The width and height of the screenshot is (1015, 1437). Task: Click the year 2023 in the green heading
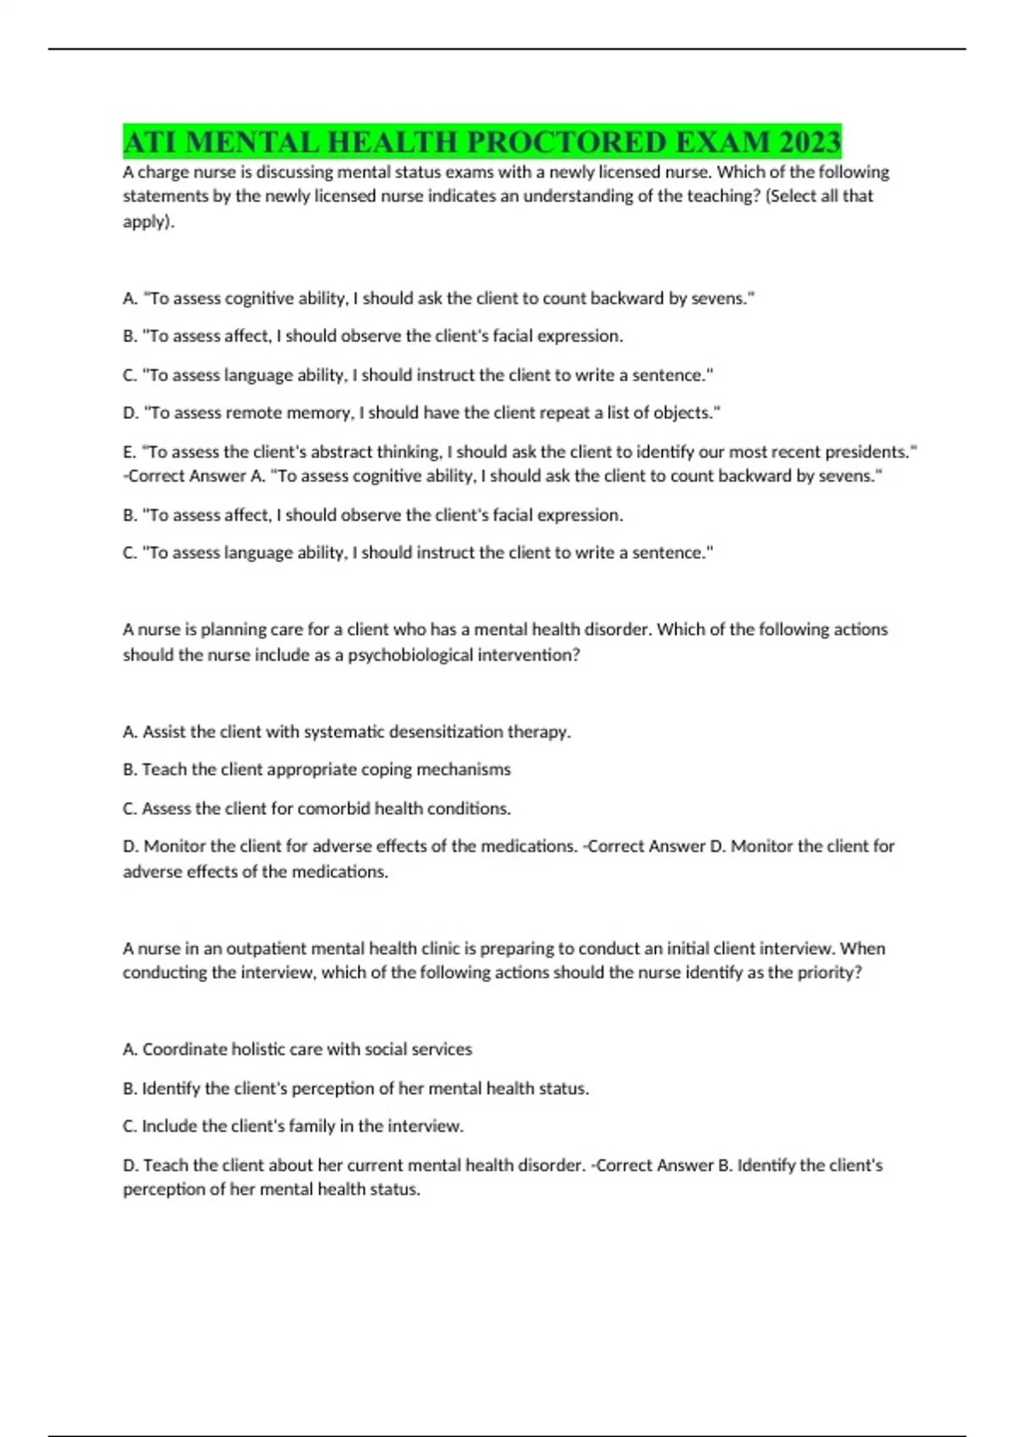pos(810,142)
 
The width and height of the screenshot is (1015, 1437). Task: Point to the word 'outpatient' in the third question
pos(266,948)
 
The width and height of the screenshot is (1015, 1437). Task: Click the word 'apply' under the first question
pos(145,222)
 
